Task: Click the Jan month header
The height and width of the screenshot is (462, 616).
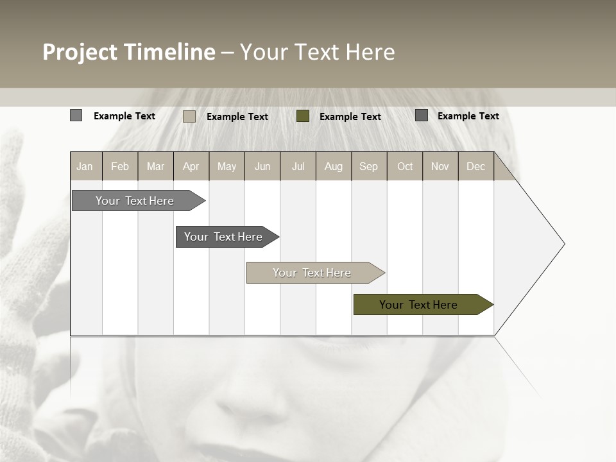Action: tap(85, 166)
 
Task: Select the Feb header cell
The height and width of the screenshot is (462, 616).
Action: tap(120, 166)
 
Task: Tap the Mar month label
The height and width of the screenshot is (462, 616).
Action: tap(155, 166)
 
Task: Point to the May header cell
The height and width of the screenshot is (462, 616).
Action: tap(227, 166)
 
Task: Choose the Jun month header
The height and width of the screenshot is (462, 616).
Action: tap(262, 166)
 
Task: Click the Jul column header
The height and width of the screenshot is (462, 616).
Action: tap(298, 166)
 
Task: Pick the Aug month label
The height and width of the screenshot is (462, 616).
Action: tap(334, 166)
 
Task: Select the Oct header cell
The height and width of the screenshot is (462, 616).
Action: tap(405, 166)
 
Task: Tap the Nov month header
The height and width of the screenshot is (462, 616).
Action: tap(440, 166)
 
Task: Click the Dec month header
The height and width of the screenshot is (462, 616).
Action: tap(475, 166)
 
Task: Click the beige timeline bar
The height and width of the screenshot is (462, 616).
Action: tap(312, 273)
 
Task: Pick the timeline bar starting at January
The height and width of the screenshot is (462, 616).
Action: tap(135, 201)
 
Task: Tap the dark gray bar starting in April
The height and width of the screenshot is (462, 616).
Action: tap(224, 237)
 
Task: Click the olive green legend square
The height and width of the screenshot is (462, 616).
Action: tap(303, 116)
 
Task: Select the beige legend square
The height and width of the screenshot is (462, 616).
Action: tap(189, 116)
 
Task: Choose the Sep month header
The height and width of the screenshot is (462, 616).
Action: tap(369, 166)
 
